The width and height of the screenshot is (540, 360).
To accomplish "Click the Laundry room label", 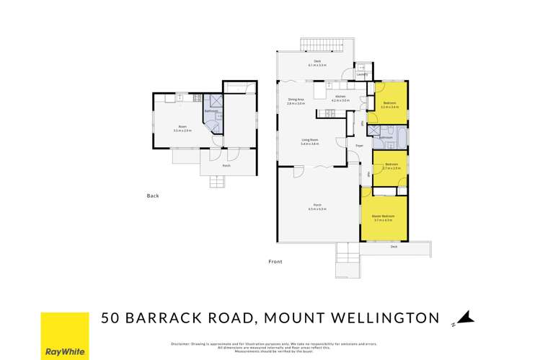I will coord(362,74).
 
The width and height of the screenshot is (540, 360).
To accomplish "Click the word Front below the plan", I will coord(275,261).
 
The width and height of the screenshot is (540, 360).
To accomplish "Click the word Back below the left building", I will coord(152,196).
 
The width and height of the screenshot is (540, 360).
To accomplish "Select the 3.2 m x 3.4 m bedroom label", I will coord(390,105).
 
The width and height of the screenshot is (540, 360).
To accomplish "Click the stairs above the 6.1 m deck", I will coord(322,43).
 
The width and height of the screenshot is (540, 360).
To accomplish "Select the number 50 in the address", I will coord(111,317).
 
